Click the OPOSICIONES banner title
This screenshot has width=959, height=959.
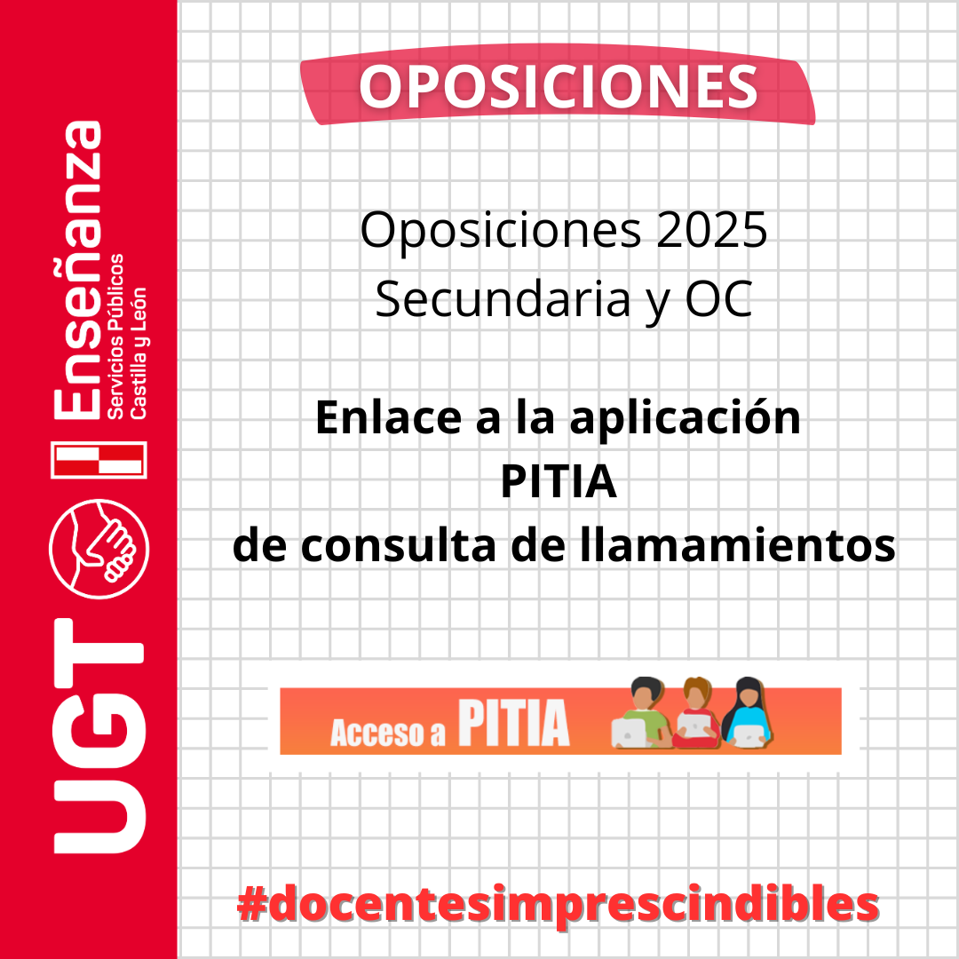559,87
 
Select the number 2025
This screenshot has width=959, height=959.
712,230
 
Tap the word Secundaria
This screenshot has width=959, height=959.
502,300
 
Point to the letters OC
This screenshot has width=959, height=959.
718,300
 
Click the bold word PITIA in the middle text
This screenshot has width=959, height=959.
559,482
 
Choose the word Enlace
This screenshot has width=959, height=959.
388,417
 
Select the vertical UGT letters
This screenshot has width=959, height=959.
99,736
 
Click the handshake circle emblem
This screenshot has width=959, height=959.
99,549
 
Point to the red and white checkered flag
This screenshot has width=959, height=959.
99,460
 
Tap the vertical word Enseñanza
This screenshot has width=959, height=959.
78,270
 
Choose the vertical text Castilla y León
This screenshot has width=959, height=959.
139,353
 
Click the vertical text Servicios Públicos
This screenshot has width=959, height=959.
115,337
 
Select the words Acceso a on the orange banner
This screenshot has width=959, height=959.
388,732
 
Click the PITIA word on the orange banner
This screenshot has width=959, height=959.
514,723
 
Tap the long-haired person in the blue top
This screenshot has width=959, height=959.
748,712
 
